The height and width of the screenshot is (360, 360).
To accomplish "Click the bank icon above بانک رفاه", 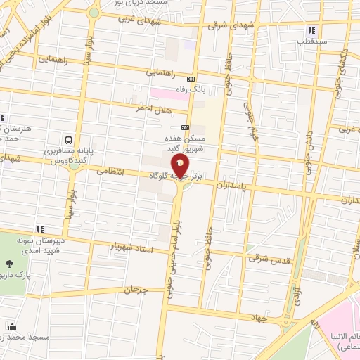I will click(191, 78).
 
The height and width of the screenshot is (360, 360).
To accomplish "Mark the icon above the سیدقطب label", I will click(311, 30).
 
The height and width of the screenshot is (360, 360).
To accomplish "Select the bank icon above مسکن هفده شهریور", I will click(185, 127).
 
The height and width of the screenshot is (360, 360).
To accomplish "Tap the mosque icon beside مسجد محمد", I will click(12, 326).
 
